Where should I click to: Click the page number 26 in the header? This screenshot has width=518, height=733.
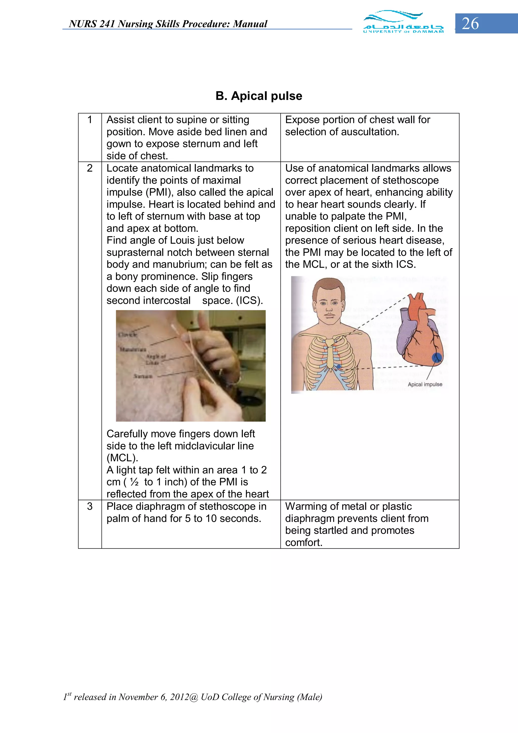(470, 24)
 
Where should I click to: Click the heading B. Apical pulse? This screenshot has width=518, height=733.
(258, 96)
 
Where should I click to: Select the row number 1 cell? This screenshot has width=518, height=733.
(90, 120)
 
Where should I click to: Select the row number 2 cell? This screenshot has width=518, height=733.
(90, 168)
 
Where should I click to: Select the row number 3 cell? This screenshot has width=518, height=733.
(90, 506)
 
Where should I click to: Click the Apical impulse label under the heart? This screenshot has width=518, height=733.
(425, 384)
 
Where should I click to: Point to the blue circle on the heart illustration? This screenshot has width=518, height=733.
(437, 358)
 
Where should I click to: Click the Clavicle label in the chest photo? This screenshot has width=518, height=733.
(128, 334)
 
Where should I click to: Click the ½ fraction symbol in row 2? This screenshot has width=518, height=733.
(134, 482)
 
